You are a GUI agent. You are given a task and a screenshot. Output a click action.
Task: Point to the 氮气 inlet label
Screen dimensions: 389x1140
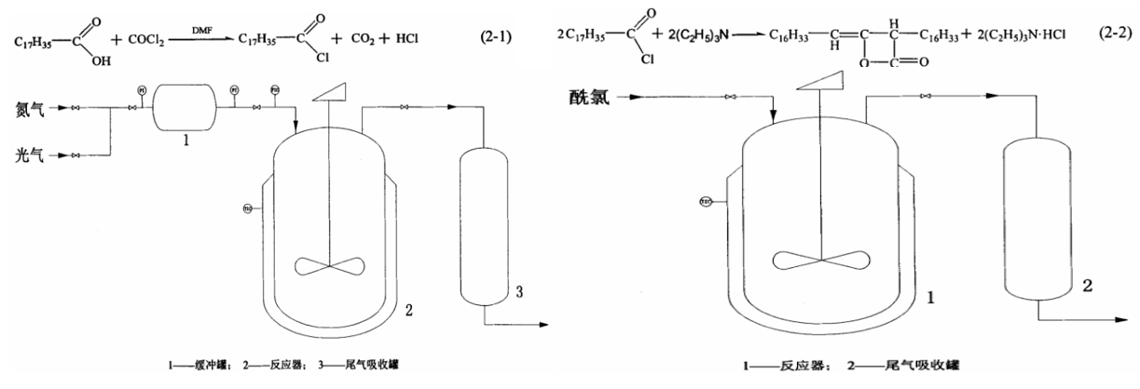click(26, 109)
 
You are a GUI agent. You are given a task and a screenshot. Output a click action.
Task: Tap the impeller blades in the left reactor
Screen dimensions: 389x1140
click(331, 265)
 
